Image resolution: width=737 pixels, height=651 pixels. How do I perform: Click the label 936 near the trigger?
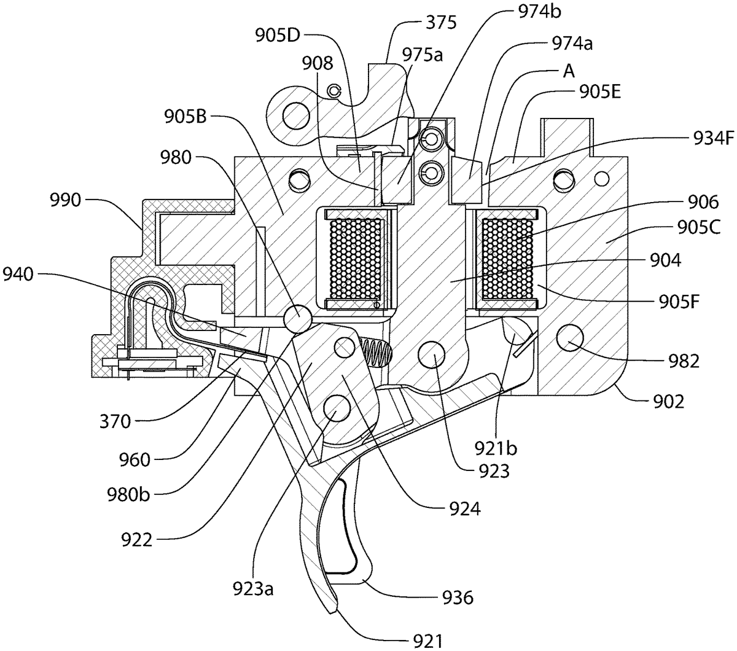click(457, 596)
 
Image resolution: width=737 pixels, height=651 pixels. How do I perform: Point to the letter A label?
click(568, 72)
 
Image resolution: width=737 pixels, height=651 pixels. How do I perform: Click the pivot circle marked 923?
click(431, 355)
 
